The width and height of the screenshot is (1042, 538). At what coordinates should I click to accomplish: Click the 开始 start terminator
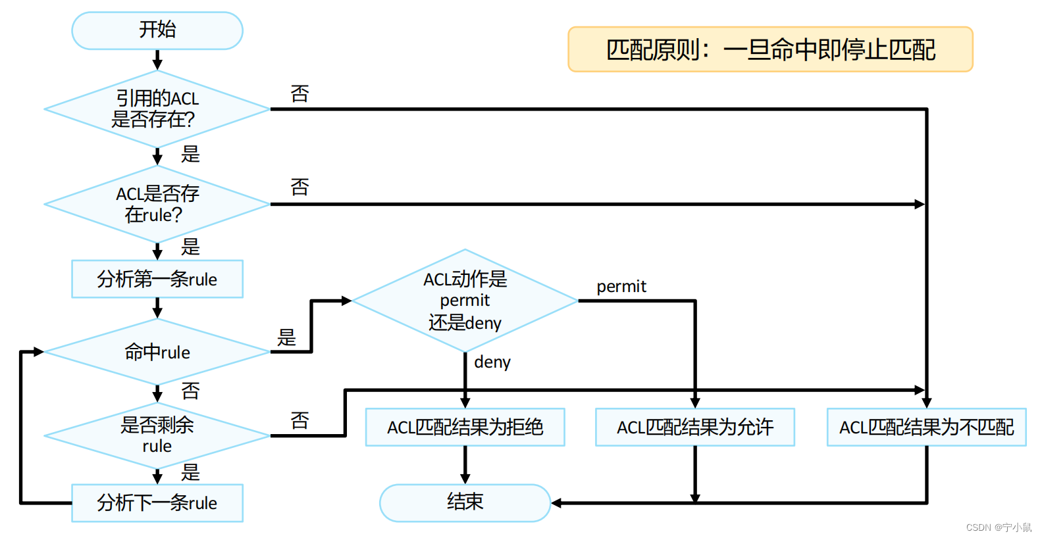point(157,30)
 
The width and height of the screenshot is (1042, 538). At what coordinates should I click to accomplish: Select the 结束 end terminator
point(465,502)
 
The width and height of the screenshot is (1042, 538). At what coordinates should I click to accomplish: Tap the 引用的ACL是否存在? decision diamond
point(157,109)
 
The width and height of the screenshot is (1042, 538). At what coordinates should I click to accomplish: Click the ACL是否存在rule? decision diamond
point(157,204)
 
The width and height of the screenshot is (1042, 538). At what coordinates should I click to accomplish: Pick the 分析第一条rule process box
point(157,279)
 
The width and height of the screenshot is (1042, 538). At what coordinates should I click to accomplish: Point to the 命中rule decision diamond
point(157,352)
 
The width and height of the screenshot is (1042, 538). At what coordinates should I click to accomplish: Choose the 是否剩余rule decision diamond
point(157,435)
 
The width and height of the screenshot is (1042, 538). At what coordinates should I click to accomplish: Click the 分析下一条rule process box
point(157,503)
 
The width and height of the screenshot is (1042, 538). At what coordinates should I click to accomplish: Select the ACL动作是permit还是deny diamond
point(465,301)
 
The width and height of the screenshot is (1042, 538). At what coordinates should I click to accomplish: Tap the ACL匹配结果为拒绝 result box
point(465,428)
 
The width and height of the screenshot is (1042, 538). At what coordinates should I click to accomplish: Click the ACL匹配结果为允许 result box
point(694,428)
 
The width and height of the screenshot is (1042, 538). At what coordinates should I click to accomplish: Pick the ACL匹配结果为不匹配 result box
point(926,428)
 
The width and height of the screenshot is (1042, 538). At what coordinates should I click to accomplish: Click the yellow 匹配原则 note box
point(770,49)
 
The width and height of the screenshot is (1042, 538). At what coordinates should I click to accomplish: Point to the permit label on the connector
point(621,287)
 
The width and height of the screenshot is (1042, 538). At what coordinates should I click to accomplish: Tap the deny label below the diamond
point(492,362)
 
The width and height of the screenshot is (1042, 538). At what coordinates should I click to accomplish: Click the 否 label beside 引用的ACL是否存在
point(300,94)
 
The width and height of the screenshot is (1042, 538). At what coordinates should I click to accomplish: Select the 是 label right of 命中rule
point(286,337)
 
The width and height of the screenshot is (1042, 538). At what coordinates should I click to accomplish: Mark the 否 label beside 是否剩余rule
point(300,420)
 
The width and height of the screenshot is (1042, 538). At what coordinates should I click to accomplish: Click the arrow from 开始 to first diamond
point(157,60)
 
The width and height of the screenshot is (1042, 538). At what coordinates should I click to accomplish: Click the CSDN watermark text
point(998,527)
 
